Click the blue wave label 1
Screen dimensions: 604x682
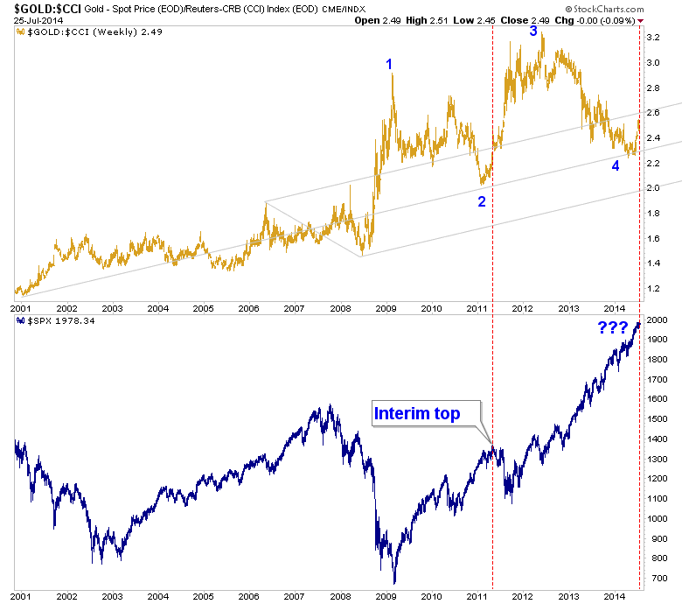(389, 63)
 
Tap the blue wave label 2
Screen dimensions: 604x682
(481, 201)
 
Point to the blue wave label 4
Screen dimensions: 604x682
(616, 165)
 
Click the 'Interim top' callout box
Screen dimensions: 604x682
(417, 414)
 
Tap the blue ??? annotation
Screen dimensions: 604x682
(612, 329)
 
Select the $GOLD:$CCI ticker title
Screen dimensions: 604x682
(42, 8)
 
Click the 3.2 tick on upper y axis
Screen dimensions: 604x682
(654, 38)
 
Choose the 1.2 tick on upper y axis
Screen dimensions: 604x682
(654, 288)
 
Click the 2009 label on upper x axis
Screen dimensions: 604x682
(386, 308)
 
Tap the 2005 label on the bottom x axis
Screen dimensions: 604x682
(203, 595)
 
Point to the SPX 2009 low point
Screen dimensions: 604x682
(394, 583)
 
